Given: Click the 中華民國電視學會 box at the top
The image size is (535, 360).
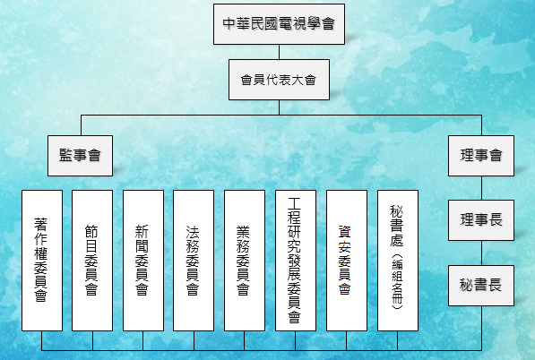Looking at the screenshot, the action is click(x=279, y=24).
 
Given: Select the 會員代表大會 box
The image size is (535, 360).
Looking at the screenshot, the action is click(x=279, y=80).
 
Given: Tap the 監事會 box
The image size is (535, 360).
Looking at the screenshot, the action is click(x=80, y=156).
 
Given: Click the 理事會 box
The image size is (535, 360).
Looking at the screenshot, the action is click(x=481, y=156).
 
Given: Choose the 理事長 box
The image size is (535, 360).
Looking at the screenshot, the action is click(x=481, y=220).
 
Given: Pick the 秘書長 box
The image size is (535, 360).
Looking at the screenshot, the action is click(x=481, y=286).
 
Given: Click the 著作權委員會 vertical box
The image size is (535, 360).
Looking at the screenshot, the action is click(x=42, y=261).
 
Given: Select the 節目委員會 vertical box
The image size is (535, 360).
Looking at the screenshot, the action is click(x=92, y=261).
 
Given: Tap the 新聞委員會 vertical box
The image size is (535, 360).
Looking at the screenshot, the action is click(x=143, y=261).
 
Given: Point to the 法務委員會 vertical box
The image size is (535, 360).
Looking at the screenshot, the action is click(x=194, y=261).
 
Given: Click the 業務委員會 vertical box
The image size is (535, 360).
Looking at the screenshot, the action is click(x=245, y=261).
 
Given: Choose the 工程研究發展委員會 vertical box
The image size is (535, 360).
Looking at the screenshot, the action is click(x=296, y=261).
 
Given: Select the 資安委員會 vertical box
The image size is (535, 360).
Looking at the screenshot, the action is click(x=347, y=261).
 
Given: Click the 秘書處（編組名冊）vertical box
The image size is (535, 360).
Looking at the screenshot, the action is click(x=398, y=261).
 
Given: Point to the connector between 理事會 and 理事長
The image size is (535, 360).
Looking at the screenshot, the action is click(x=481, y=188).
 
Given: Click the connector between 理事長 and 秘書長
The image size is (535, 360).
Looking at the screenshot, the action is click(x=481, y=253).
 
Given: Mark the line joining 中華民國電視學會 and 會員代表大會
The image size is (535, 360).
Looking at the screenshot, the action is click(x=279, y=52).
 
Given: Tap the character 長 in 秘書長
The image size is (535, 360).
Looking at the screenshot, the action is click(x=496, y=285).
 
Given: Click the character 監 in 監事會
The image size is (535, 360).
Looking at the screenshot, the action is click(x=65, y=156).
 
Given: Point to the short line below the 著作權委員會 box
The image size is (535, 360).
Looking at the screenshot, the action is click(x=42, y=340).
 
